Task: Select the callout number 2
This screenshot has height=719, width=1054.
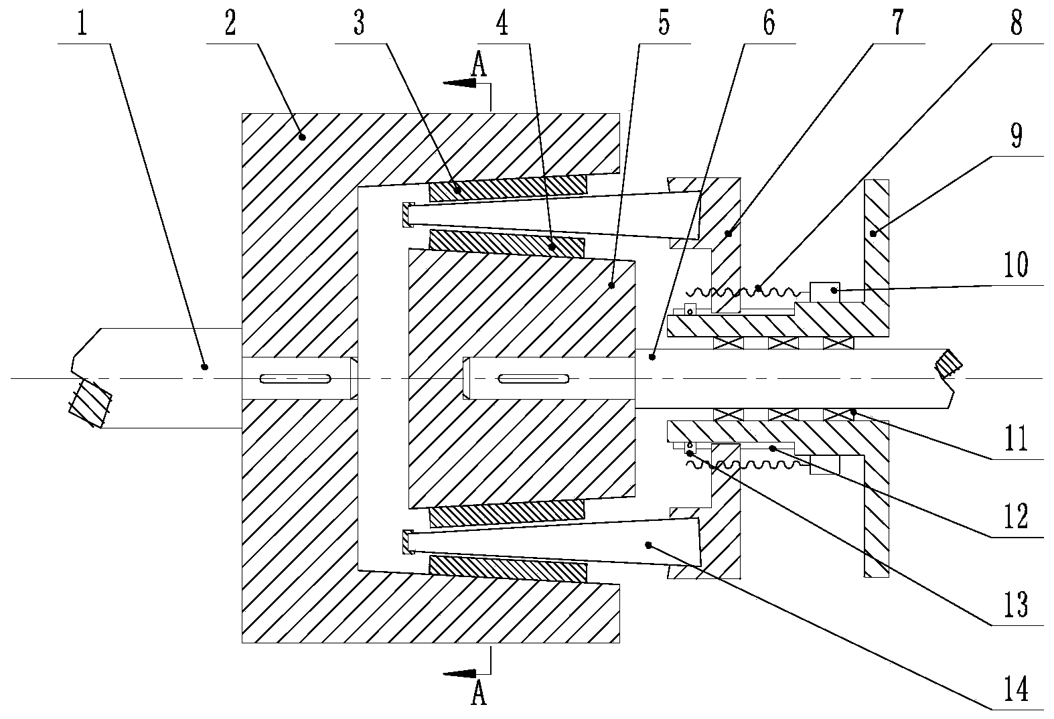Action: click(230, 23)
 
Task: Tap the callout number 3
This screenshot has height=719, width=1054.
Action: click(359, 23)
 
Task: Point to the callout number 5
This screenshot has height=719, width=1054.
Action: click(664, 23)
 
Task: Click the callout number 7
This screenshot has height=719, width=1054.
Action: click(898, 23)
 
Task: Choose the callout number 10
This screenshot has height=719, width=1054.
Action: click(1017, 265)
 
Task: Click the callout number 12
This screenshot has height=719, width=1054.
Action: click(1017, 516)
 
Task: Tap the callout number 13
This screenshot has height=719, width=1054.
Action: click(1017, 605)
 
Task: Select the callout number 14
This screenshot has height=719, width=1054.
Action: click(1017, 688)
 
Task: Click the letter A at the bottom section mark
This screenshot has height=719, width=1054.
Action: click(479, 693)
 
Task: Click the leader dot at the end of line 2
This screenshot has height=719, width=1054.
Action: click(303, 137)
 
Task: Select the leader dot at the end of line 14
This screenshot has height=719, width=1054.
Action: click(648, 545)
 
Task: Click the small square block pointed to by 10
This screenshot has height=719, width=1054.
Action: click(824, 291)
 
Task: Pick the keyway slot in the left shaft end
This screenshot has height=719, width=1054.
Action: click(295, 378)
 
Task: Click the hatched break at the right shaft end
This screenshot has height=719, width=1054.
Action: click(949, 364)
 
